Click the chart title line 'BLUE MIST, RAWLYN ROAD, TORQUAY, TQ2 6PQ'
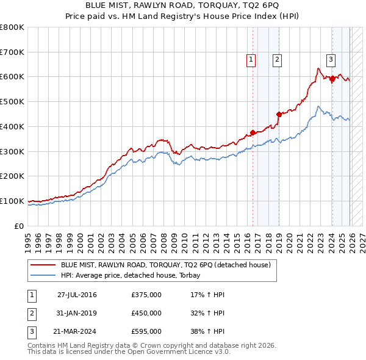(182, 5)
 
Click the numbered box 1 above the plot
(251, 59)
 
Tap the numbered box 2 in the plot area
(277, 59)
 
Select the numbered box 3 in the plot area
(331, 59)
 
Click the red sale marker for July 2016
(253, 132)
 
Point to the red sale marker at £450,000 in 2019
(279, 114)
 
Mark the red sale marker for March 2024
(332, 78)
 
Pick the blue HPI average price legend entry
(134, 275)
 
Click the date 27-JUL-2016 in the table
(77, 295)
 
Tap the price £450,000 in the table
(146, 313)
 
